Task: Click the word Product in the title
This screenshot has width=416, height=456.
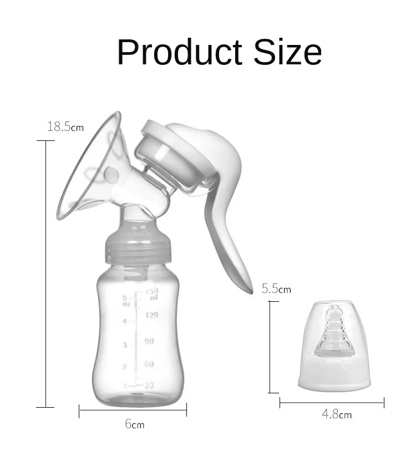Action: [180, 53]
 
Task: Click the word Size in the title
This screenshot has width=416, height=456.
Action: [288, 53]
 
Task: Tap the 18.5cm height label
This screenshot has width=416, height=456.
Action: [65, 127]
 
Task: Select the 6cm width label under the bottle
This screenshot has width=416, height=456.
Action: [134, 424]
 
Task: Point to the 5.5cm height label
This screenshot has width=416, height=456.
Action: [276, 289]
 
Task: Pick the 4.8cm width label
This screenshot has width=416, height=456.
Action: [336, 414]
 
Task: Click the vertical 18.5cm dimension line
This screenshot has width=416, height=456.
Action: [45, 272]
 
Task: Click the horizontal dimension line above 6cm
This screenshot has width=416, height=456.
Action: [133, 410]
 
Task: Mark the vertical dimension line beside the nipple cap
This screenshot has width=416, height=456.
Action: [270, 347]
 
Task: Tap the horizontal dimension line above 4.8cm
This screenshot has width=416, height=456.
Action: [332, 403]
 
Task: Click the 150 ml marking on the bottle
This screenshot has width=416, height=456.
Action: [152, 293]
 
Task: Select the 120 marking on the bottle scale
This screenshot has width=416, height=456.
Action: [151, 315]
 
